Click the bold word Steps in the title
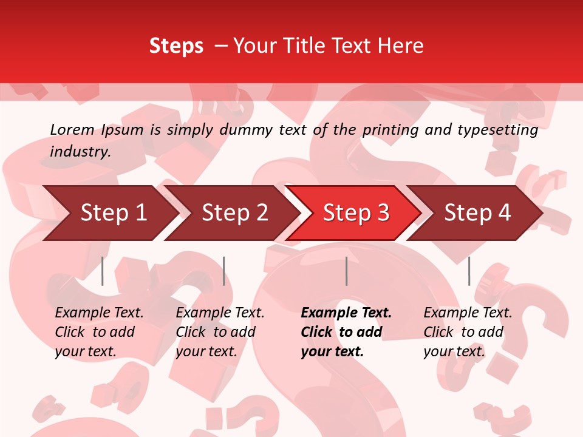[176, 46]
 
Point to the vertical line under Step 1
[103, 271]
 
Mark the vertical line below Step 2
[224, 271]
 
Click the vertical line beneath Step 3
[346, 271]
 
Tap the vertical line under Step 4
[469, 271]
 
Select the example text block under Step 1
[98, 332]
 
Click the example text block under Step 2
[220, 332]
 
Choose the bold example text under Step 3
[346, 332]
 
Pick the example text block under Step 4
[468, 332]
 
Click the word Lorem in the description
[72, 129]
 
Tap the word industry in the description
[80, 151]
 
